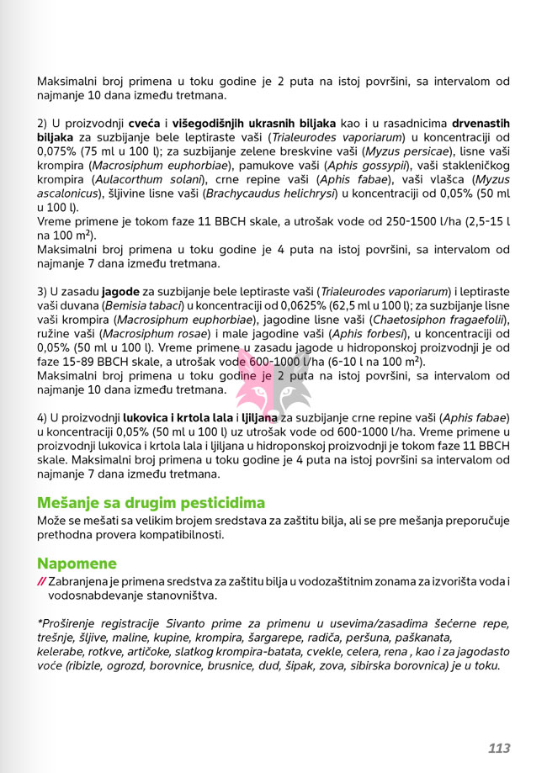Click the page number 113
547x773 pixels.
[499, 748]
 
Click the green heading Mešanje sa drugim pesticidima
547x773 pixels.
[151, 503]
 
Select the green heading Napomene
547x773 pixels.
[77, 563]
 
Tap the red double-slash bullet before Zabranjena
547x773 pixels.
[41, 581]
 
